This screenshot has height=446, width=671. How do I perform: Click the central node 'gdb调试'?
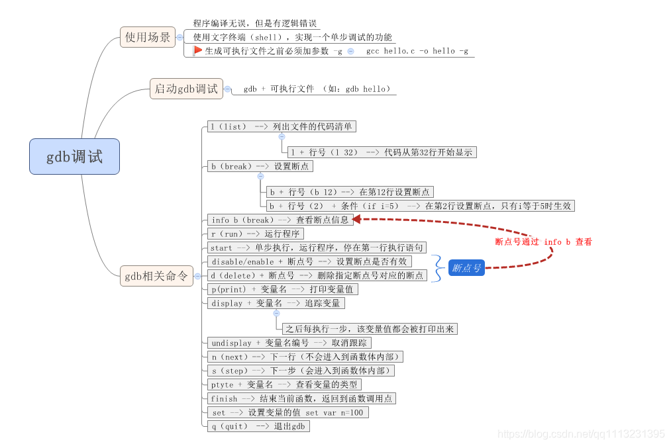(74, 157)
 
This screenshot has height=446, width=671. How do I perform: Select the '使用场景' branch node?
(148, 37)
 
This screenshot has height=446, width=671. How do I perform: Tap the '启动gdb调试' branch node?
(186, 88)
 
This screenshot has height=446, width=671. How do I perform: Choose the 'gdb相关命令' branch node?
(156, 276)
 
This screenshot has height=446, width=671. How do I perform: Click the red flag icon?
(197, 50)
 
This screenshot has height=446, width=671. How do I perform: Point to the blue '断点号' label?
(466, 268)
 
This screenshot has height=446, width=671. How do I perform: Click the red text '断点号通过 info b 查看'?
(543, 242)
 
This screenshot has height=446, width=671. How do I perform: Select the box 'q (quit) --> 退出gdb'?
(258, 426)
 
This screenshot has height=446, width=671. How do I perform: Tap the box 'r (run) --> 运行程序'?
(255, 234)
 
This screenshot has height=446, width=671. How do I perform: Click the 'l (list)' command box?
(281, 126)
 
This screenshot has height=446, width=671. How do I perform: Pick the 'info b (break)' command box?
(280, 220)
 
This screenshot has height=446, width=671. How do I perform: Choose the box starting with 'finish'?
(301, 398)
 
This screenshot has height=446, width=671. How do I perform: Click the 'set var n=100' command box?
(287, 412)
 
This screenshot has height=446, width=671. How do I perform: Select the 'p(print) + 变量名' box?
(283, 289)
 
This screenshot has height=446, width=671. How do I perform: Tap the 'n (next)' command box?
(305, 357)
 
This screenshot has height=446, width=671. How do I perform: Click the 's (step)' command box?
(301, 371)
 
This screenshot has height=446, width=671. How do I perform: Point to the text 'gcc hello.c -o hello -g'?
(417, 51)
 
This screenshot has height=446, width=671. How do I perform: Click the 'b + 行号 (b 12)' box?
(350, 192)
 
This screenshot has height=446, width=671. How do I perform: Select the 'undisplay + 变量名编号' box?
(289, 343)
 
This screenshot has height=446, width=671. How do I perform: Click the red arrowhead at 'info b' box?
(357, 219)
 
